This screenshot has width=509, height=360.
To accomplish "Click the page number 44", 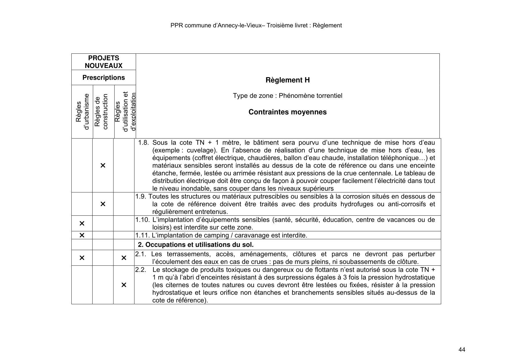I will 462,350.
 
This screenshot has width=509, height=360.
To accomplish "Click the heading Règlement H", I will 287,80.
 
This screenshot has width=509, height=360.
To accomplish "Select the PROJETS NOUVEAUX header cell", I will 104,62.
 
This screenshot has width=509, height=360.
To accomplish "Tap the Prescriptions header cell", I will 104,78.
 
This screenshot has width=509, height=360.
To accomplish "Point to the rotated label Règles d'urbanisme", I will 82,112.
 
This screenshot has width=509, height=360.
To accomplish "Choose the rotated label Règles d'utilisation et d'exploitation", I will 125,112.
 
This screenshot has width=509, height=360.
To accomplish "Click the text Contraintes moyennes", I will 287,112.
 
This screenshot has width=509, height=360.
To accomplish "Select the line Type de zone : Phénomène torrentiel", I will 287,96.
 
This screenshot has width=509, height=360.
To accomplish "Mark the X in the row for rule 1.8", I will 103,165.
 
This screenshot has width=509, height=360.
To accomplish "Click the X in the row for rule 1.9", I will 103,204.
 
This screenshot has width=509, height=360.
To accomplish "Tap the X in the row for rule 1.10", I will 82,223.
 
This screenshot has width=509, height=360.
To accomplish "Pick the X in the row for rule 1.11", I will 82,235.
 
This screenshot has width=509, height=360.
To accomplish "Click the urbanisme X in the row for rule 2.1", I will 82,258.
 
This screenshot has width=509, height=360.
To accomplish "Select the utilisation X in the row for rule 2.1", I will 124,258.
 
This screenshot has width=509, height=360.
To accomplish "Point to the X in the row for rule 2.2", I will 124,285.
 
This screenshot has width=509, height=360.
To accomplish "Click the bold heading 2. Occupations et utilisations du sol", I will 196,244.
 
